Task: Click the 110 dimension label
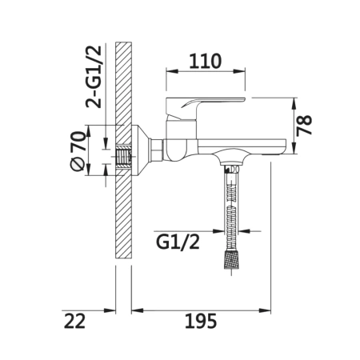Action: click(205, 61)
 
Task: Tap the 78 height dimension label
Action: click(304, 125)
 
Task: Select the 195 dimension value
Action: click(201, 321)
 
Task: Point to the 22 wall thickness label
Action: click(74, 321)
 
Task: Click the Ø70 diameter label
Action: click(78, 151)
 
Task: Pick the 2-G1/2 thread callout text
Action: click(94, 77)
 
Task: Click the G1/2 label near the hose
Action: click(178, 242)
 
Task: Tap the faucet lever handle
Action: click(206, 109)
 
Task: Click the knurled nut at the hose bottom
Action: click(231, 258)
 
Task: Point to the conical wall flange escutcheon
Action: click(141, 150)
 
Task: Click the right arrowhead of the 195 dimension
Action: click(265, 310)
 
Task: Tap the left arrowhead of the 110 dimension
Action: click(172, 71)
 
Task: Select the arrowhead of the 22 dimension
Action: click(110, 310)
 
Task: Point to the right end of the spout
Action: click(285, 146)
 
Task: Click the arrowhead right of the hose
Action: click(244, 231)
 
